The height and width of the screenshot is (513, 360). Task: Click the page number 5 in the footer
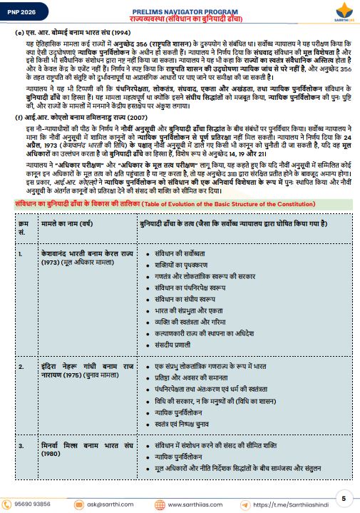[x=344, y=497]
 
